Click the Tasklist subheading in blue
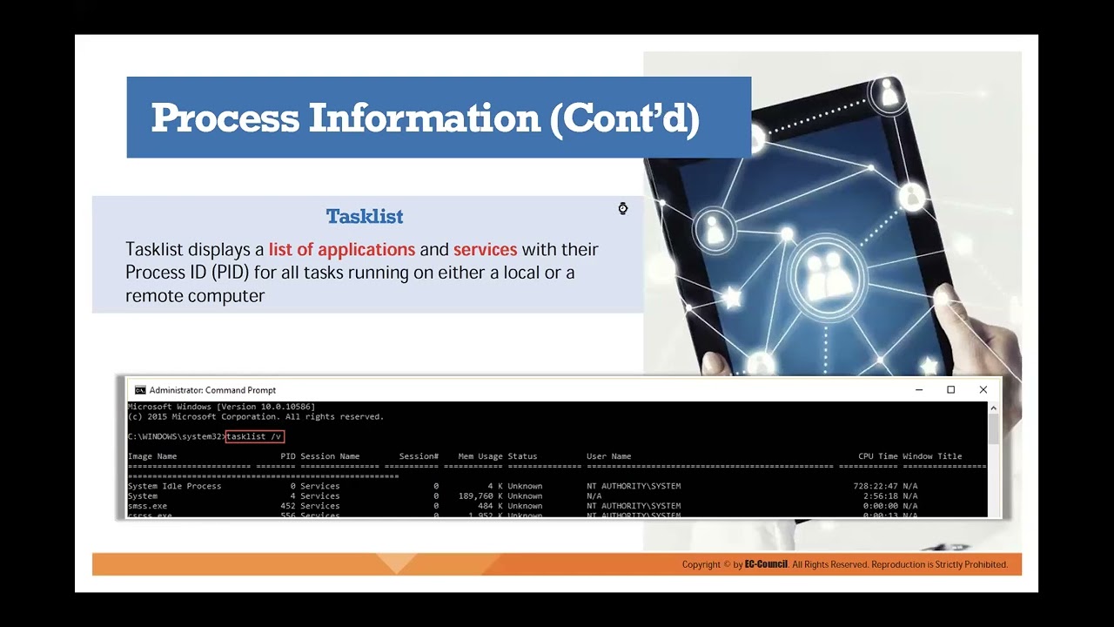[365, 216]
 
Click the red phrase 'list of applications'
[341, 249]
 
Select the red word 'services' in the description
[485, 249]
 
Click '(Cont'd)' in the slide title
[624, 118]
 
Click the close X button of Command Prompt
[983, 390]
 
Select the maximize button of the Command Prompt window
[950, 390]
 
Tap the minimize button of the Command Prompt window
[918, 390]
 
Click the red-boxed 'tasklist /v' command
[254, 436]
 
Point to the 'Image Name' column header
[152, 456]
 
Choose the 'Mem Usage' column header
[480, 456]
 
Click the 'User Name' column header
[608, 456]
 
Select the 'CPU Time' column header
[877, 456]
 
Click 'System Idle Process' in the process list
[174, 486]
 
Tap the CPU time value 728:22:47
[874, 486]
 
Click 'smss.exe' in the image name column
[147, 506]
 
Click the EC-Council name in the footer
[766, 564]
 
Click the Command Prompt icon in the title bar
[140, 390]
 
